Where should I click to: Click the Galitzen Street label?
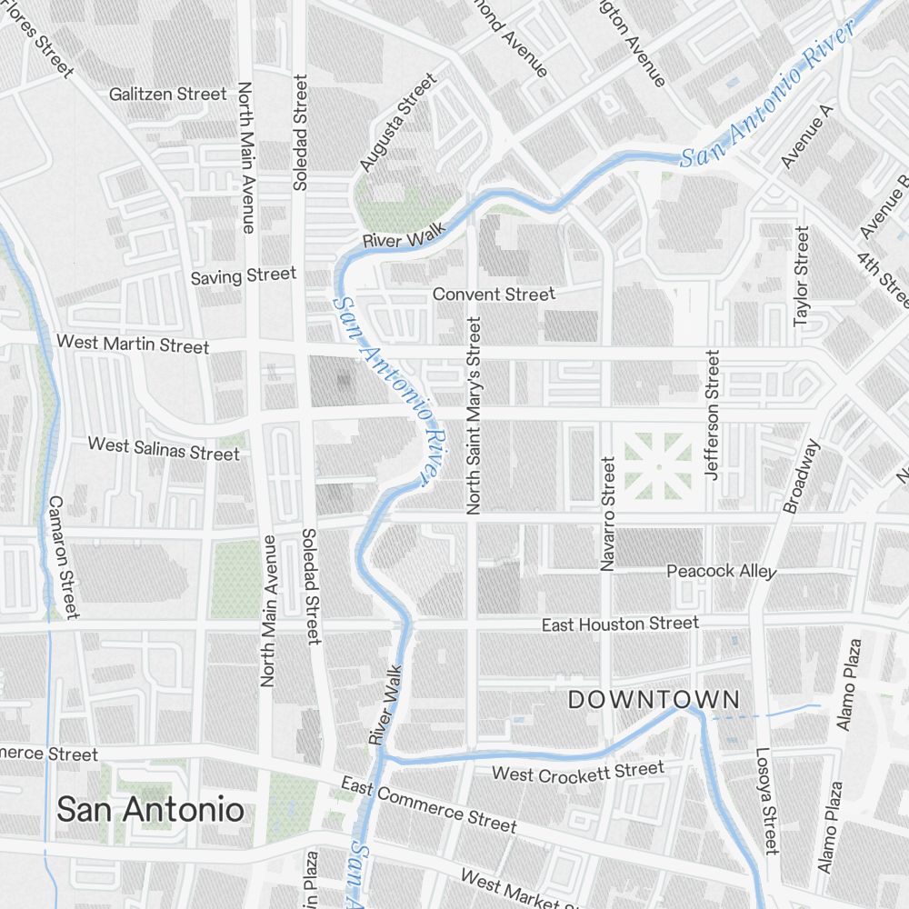(167, 94)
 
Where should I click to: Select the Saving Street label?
(243, 275)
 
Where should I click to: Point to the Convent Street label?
(493, 295)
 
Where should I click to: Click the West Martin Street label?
(133, 344)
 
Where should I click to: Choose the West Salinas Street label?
(164, 448)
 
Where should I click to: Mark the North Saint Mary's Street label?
(473, 416)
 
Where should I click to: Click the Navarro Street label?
(607, 514)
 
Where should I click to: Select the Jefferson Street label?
(712, 415)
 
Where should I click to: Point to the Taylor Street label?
(801, 277)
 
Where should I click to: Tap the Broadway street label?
(801, 476)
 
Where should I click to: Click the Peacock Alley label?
(722, 572)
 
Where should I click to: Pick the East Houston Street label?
(620, 624)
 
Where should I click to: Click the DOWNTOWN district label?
(654, 699)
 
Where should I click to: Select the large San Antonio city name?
(150, 808)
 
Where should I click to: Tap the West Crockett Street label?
(577, 773)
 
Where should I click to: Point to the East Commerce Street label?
(428, 804)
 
